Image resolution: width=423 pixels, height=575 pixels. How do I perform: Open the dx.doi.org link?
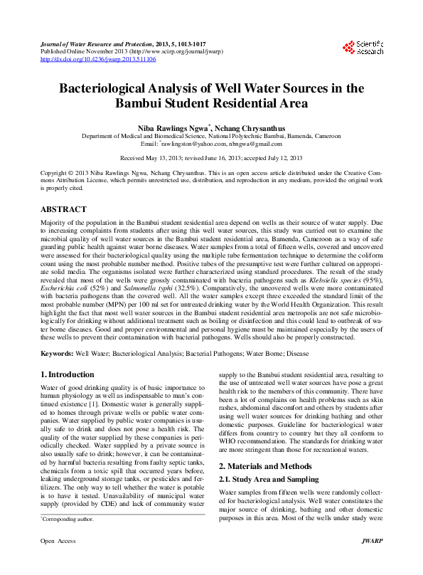(98, 60)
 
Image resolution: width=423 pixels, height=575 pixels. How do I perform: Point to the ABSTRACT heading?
(63, 210)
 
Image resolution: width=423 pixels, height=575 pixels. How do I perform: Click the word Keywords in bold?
(56, 354)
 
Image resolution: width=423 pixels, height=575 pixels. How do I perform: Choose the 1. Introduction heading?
(67, 375)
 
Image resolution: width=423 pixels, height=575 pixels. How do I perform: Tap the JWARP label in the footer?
(370, 561)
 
